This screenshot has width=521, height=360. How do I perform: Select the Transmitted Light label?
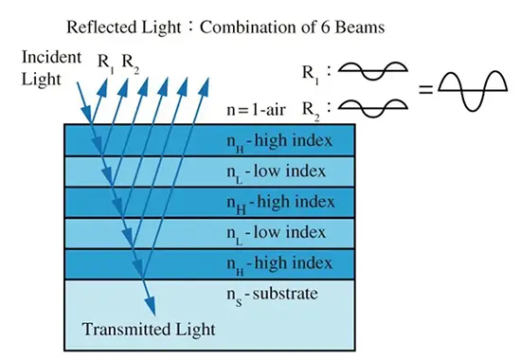(149, 329)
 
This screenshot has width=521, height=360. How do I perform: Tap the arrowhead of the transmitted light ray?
(150, 305)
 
